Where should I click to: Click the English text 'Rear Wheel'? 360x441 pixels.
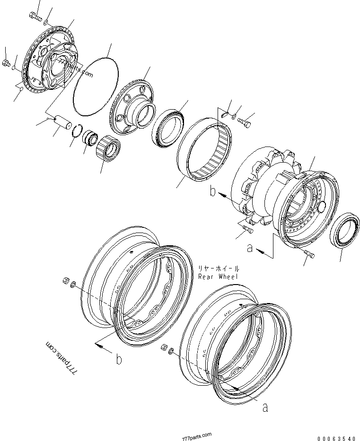[219, 277]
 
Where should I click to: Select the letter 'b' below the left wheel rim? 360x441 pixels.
[119, 359]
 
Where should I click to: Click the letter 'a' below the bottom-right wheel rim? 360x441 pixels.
[265, 407]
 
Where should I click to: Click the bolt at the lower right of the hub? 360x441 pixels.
[310, 255]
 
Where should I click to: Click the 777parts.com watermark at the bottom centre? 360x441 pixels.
[196, 436]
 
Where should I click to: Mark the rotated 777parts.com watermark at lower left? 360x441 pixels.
[61, 358]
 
